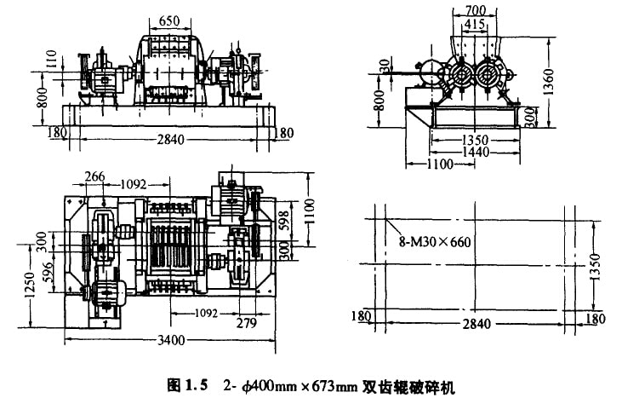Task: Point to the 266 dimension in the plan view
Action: tap(95, 176)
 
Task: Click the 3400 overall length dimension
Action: tap(170, 343)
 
